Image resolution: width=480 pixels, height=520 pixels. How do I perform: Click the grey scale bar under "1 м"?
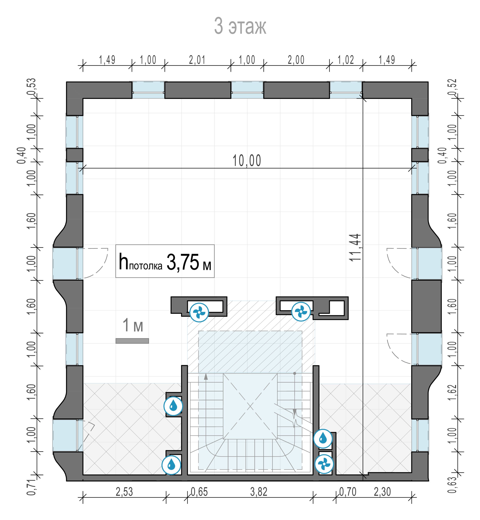pos(132,341)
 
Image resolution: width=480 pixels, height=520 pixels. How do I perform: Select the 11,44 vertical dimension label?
pos(355,248)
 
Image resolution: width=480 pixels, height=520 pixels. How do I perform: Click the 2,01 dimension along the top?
pos(197,60)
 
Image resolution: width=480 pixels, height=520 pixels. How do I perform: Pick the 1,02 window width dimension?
pos(346,60)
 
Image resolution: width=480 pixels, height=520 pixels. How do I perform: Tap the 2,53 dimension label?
pos(124,492)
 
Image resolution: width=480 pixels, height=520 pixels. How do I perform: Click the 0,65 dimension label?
pos(199,492)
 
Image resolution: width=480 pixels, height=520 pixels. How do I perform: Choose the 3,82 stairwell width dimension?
pos(259,492)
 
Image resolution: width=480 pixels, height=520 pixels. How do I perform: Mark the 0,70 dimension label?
pos(348,492)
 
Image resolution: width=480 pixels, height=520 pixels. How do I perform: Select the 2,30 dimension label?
pos(382,492)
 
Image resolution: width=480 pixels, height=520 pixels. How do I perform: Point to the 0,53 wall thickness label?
pos(31,87)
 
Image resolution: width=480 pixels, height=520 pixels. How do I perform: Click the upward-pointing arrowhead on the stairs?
pos(206,377)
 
